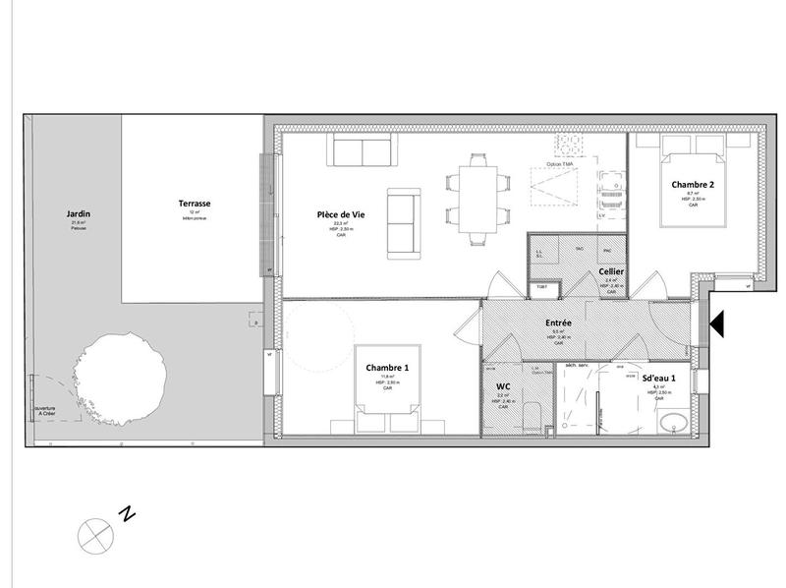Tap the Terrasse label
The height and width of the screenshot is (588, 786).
pyautogui.click(x=195, y=204)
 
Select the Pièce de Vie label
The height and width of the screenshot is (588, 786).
pyautogui.click(x=341, y=214)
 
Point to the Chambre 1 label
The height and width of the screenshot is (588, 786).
pyautogui.click(x=387, y=367)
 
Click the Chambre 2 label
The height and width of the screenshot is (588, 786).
pyautogui.click(x=693, y=184)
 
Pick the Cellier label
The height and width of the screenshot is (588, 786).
pyautogui.click(x=613, y=271)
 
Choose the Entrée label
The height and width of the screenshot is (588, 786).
pyautogui.click(x=559, y=323)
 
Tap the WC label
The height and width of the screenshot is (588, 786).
pyautogui.click(x=501, y=385)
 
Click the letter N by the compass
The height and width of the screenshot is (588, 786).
pyautogui.click(x=126, y=513)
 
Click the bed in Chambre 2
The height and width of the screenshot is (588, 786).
pyautogui.click(x=693, y=172)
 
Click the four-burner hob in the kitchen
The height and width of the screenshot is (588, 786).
pyautogui.click(x=569, y=146)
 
